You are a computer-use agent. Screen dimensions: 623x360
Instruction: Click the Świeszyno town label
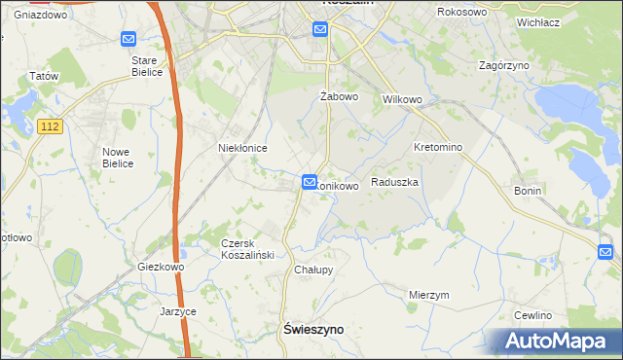312,330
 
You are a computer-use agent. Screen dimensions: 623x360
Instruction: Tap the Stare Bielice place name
151,65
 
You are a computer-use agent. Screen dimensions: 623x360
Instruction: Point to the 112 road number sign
53,126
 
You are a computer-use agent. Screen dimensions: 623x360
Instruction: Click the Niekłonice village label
241,147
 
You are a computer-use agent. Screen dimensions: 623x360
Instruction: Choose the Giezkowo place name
161,267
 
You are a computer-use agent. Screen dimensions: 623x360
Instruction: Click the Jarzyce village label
178,312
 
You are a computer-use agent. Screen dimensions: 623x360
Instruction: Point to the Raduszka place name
394,182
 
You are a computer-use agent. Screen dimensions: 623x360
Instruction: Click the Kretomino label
437,147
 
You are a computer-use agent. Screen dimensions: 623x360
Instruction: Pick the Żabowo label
340,97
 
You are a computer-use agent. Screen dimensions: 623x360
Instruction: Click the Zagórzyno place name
503,65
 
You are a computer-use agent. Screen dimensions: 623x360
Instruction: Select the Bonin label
527,192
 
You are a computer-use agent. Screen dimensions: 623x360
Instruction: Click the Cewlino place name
532,315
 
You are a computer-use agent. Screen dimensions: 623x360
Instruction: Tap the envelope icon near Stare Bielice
128,39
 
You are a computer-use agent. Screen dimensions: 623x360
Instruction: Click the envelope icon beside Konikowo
309,181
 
